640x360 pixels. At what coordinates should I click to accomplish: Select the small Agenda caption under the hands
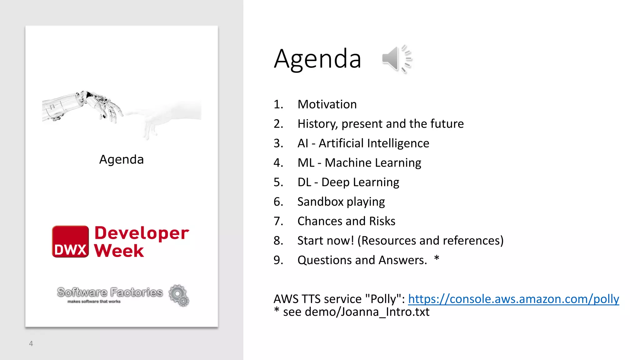click(122, 159)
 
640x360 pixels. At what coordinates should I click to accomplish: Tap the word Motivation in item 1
click(327, 104)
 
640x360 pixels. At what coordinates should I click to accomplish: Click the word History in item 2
click(317, 124)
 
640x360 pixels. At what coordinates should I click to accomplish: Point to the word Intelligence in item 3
click(398, 143)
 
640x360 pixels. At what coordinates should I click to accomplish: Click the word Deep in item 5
click(335, 182)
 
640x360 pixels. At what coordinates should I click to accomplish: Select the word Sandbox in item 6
click(320, 202)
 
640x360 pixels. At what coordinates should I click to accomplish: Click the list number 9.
click(278, 260)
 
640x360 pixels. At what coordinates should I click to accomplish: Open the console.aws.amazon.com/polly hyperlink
click(513, 299)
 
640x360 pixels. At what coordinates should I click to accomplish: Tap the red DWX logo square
click(70, 242)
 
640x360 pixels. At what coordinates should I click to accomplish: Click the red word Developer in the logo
click(142, 233)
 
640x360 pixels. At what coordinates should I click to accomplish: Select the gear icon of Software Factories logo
click(179, 295)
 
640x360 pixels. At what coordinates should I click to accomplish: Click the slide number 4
click(31, 343)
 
